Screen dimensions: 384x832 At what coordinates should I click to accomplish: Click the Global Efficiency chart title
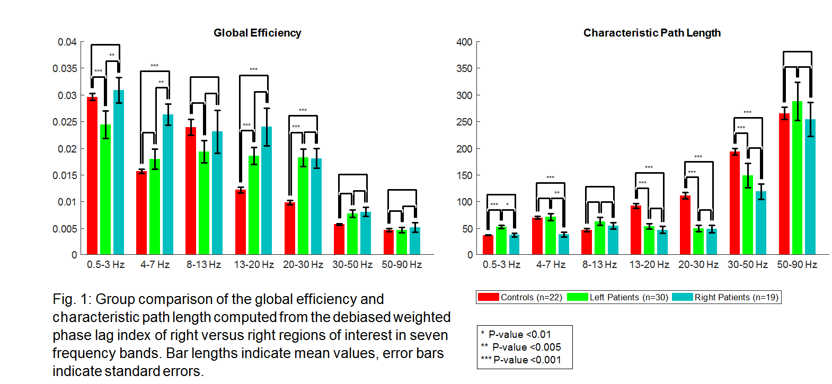(257, 33)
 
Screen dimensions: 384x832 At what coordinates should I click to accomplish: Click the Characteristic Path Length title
(652, 33)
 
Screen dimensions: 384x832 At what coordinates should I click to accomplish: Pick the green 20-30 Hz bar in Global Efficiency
(303, 206)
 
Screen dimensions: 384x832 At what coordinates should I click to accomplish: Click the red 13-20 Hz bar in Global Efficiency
(241, 222)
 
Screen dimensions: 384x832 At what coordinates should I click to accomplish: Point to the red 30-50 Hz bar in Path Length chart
(734, 203)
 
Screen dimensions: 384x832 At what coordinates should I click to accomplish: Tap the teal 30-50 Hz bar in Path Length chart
(761, 223)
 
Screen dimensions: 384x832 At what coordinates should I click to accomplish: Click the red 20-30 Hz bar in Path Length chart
(685, 225)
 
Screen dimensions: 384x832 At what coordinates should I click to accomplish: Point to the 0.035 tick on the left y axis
(65, 68)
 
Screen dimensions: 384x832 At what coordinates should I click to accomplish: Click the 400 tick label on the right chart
(464, 42)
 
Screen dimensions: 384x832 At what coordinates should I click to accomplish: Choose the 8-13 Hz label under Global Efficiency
(203, 264)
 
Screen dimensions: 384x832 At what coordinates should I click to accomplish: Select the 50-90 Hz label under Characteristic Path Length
(797, 264)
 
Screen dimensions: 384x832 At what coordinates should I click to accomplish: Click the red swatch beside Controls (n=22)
(488, 297)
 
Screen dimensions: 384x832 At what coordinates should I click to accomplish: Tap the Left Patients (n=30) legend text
(629, 297)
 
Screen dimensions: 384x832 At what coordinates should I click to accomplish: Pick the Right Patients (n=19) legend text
(736, 297)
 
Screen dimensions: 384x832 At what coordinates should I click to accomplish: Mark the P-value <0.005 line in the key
(521, 347)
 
